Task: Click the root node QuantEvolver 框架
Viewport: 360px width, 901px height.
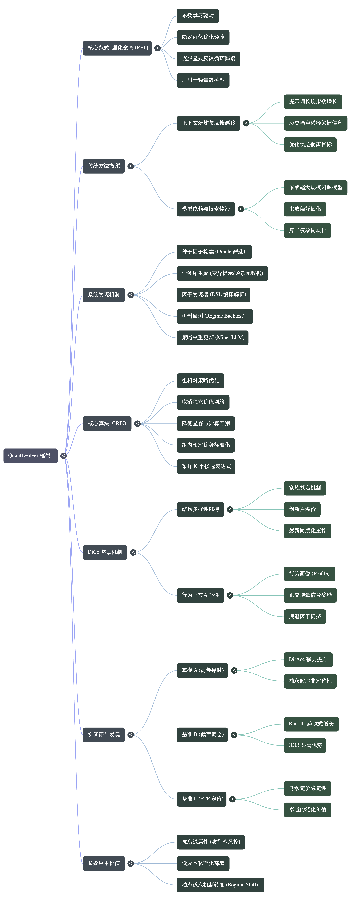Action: point(30,455)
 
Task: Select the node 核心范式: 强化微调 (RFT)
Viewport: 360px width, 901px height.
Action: point(117,48)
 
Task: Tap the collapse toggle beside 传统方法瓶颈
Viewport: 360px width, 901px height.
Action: point(130,166)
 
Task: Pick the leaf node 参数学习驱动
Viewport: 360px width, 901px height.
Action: point(198,16)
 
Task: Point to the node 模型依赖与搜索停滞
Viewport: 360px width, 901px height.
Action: point(206,209)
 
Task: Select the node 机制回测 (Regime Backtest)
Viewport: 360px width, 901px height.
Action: point(215,316)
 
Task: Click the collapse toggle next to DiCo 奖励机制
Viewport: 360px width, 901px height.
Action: point(133,552)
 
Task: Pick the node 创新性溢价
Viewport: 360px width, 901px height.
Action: point(302,509)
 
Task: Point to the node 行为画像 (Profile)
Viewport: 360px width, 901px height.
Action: point(309,574)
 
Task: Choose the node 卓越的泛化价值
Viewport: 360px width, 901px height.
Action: point(308,810)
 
